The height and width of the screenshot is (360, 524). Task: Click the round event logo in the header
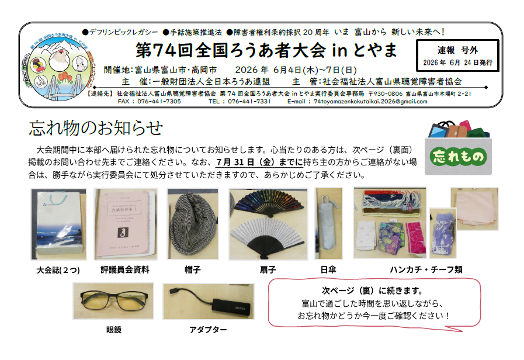coord(58,66)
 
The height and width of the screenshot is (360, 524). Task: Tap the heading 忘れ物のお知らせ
coord(96,128)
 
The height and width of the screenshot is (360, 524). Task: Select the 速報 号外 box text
coord(457,56)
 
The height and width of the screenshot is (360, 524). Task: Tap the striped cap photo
coord(193,224)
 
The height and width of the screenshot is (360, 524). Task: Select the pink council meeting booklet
coord(124,224)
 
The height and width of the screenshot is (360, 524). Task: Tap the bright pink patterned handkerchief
coord(416,237)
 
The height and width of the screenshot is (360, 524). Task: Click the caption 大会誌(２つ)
coord(58,270)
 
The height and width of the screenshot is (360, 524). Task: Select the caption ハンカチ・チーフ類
coord(426,269)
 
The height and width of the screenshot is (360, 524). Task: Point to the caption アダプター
coord(208,330)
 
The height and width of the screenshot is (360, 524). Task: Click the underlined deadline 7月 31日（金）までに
coord(259,162)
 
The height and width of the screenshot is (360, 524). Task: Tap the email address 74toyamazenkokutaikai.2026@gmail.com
coord(370,102)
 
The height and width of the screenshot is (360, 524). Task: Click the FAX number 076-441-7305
coord(159,102)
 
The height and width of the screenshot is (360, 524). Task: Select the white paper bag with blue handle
coord(58,224)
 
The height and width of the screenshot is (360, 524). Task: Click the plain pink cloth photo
coord(474,209)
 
